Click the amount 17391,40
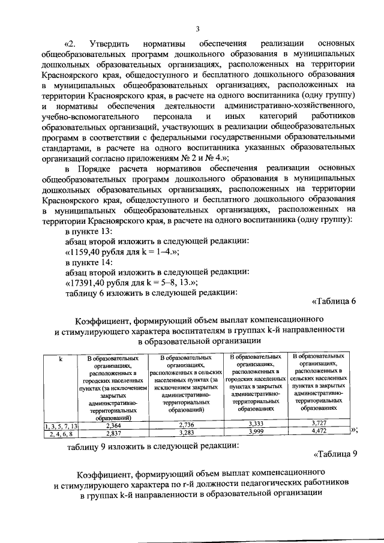[x=91, y=283]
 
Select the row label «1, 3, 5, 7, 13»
[x=61, y=425]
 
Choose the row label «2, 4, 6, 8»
[x=61, y=434]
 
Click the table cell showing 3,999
[x=256, y=432]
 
